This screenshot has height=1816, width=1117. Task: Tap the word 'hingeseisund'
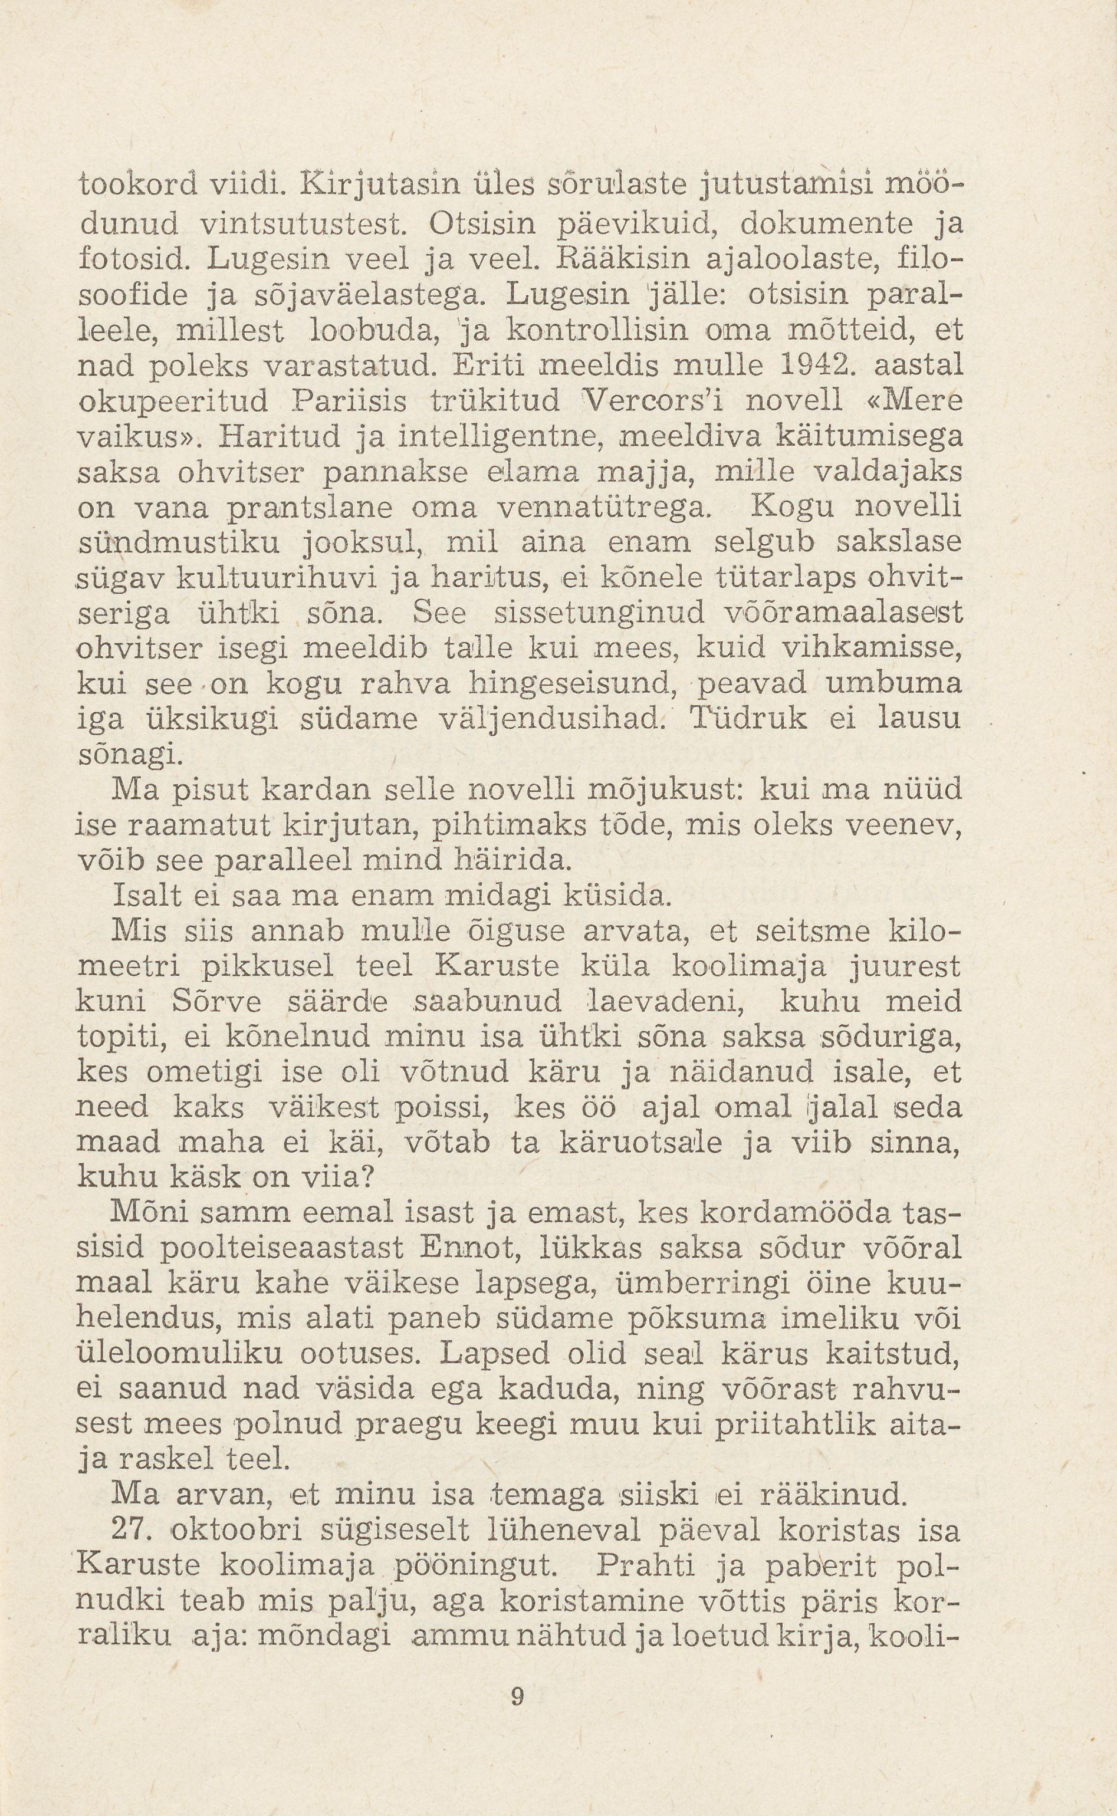(573, 685)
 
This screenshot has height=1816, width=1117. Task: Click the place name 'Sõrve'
(216, 1002)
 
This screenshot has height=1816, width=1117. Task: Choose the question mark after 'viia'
(362, 1178)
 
